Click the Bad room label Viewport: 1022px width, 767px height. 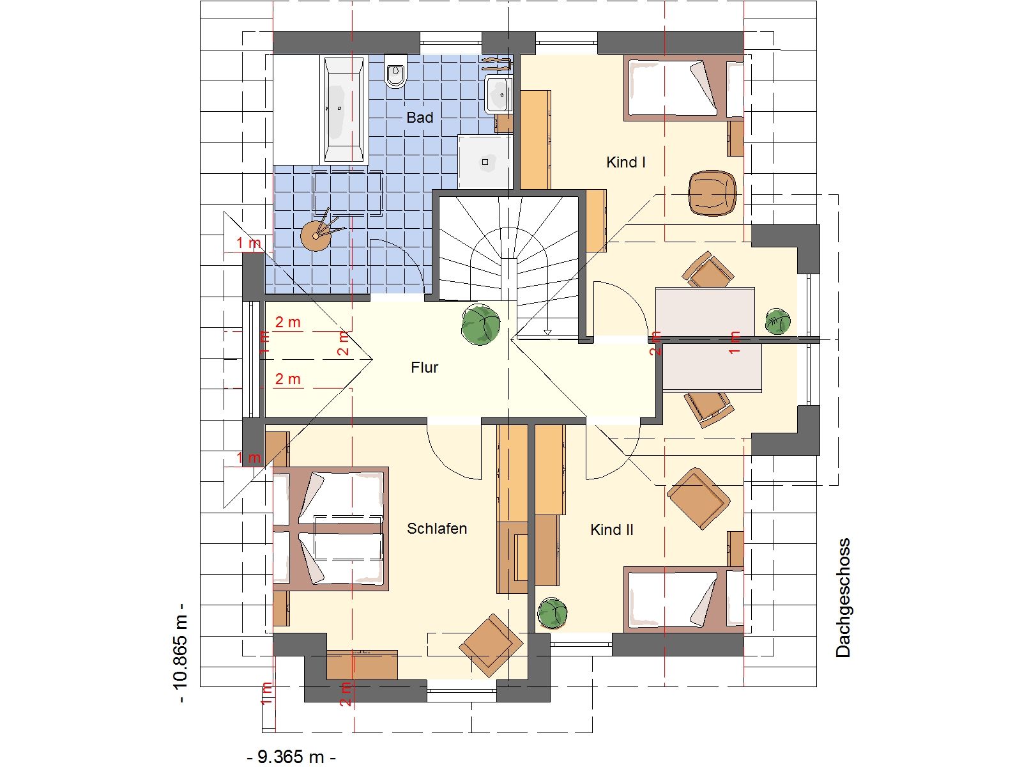[420, 118]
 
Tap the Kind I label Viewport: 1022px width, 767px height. [625, 162]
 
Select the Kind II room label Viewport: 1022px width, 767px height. [611, 529]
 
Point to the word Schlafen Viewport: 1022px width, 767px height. [437, 529]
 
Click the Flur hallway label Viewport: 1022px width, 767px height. [424, 368]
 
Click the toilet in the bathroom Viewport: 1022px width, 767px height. [396, 72]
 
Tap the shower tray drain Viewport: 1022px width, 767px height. [485, 162]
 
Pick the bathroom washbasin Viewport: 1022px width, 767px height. [498, 95]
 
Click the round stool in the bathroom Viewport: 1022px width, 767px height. [316, 236]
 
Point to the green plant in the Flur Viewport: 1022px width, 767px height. [481, 325]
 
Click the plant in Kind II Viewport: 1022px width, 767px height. [553, 613]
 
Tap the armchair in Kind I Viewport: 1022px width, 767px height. [712, 193]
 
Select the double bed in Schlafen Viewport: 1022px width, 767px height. [331, 529]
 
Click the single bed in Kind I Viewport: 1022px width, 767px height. [683, 88]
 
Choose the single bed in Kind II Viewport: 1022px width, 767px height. [683, 600]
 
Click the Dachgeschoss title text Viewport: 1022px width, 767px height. [843, 598]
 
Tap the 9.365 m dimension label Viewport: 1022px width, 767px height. [291, 757]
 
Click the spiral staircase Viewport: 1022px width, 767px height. [510, 265]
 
